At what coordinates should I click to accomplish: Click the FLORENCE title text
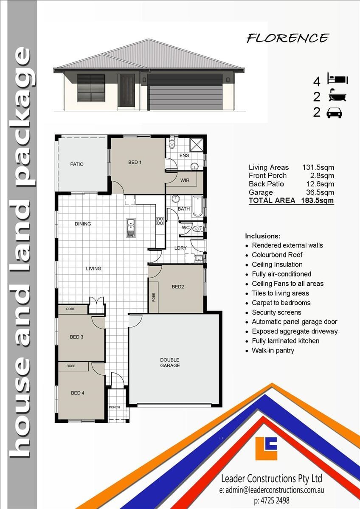288,38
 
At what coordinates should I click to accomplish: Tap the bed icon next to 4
337,79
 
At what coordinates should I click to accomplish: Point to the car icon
334,113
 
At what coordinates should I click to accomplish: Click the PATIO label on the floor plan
77,164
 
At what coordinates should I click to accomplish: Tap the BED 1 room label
135,162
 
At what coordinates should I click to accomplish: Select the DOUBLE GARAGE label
170,363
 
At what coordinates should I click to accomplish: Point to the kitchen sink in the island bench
131,228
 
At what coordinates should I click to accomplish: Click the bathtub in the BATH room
198,207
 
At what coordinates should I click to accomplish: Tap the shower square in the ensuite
196,144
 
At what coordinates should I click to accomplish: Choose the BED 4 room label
77,393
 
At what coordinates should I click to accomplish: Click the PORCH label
114,407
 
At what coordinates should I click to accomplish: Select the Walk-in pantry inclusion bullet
273,350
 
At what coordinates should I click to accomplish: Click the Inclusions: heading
262,236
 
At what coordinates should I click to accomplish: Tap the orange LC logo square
266,448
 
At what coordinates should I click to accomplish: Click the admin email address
272,489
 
